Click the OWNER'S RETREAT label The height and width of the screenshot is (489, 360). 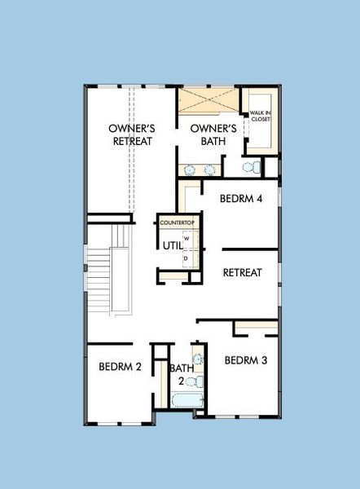tap(132, 134)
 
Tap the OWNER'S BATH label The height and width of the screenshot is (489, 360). tap(213, 134)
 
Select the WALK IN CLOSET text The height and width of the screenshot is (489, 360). tap(260, 116)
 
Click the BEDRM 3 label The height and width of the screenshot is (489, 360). tap(246, 359)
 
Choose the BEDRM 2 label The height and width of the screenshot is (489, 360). tap(121, 367)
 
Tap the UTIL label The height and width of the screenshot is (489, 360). tap(172, 245)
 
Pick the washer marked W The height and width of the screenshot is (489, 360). tap(186, 239)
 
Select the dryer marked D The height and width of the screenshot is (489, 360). tap(186, 258)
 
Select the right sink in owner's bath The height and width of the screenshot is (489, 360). tap(209, 170)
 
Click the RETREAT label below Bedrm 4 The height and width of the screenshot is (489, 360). tap(242, 272)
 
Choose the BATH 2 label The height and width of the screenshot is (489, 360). tap(182, 374)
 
